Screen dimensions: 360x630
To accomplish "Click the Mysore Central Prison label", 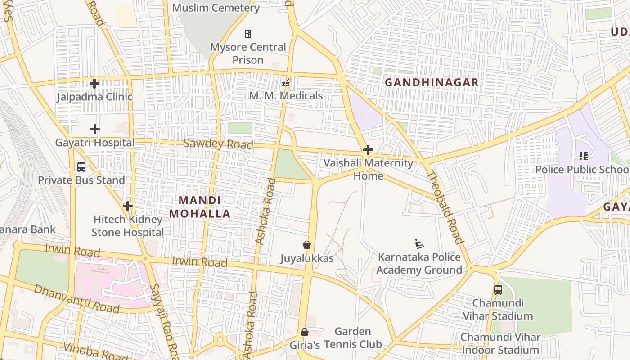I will click(x=248, y=53).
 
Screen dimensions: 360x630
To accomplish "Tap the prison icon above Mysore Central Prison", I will click(x=247, y=34).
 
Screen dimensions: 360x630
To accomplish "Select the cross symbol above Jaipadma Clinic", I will click(x=94, y=84).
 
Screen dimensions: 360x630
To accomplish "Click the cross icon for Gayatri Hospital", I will click(x=94, y=130).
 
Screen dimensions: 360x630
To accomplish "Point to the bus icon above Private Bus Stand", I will click(x=81, y=167).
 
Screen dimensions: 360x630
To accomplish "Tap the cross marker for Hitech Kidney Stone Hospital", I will click(x=128, y=207).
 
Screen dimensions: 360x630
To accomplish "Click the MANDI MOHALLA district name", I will click(x=200, y=207).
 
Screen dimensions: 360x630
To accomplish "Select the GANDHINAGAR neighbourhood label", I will click(x=432, y=83).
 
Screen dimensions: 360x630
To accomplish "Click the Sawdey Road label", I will click(x=218, y=144).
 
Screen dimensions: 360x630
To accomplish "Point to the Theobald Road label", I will click(x=444, y=207).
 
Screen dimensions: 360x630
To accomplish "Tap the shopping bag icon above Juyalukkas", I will click(x=307, y=245).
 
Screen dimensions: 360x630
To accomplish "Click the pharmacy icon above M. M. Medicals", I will click(x=285, y=83).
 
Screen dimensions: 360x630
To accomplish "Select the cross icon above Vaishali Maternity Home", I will click(x=368, y=150).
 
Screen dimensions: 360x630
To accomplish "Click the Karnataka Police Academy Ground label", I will click(x=419, y=263).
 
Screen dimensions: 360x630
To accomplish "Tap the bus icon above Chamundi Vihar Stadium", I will click(x=498, y=290).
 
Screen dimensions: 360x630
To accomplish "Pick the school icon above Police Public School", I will click(x=584, y=156).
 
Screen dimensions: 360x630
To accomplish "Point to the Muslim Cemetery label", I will click(x=216, y=8).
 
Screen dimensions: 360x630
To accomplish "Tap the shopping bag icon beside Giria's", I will click(x=305, y=332).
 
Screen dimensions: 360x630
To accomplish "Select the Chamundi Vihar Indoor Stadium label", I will click(x=499, y=343).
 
